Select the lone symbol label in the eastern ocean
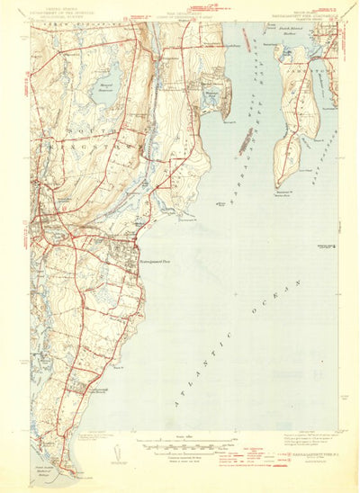pyautogui.click(x=325, y=244)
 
